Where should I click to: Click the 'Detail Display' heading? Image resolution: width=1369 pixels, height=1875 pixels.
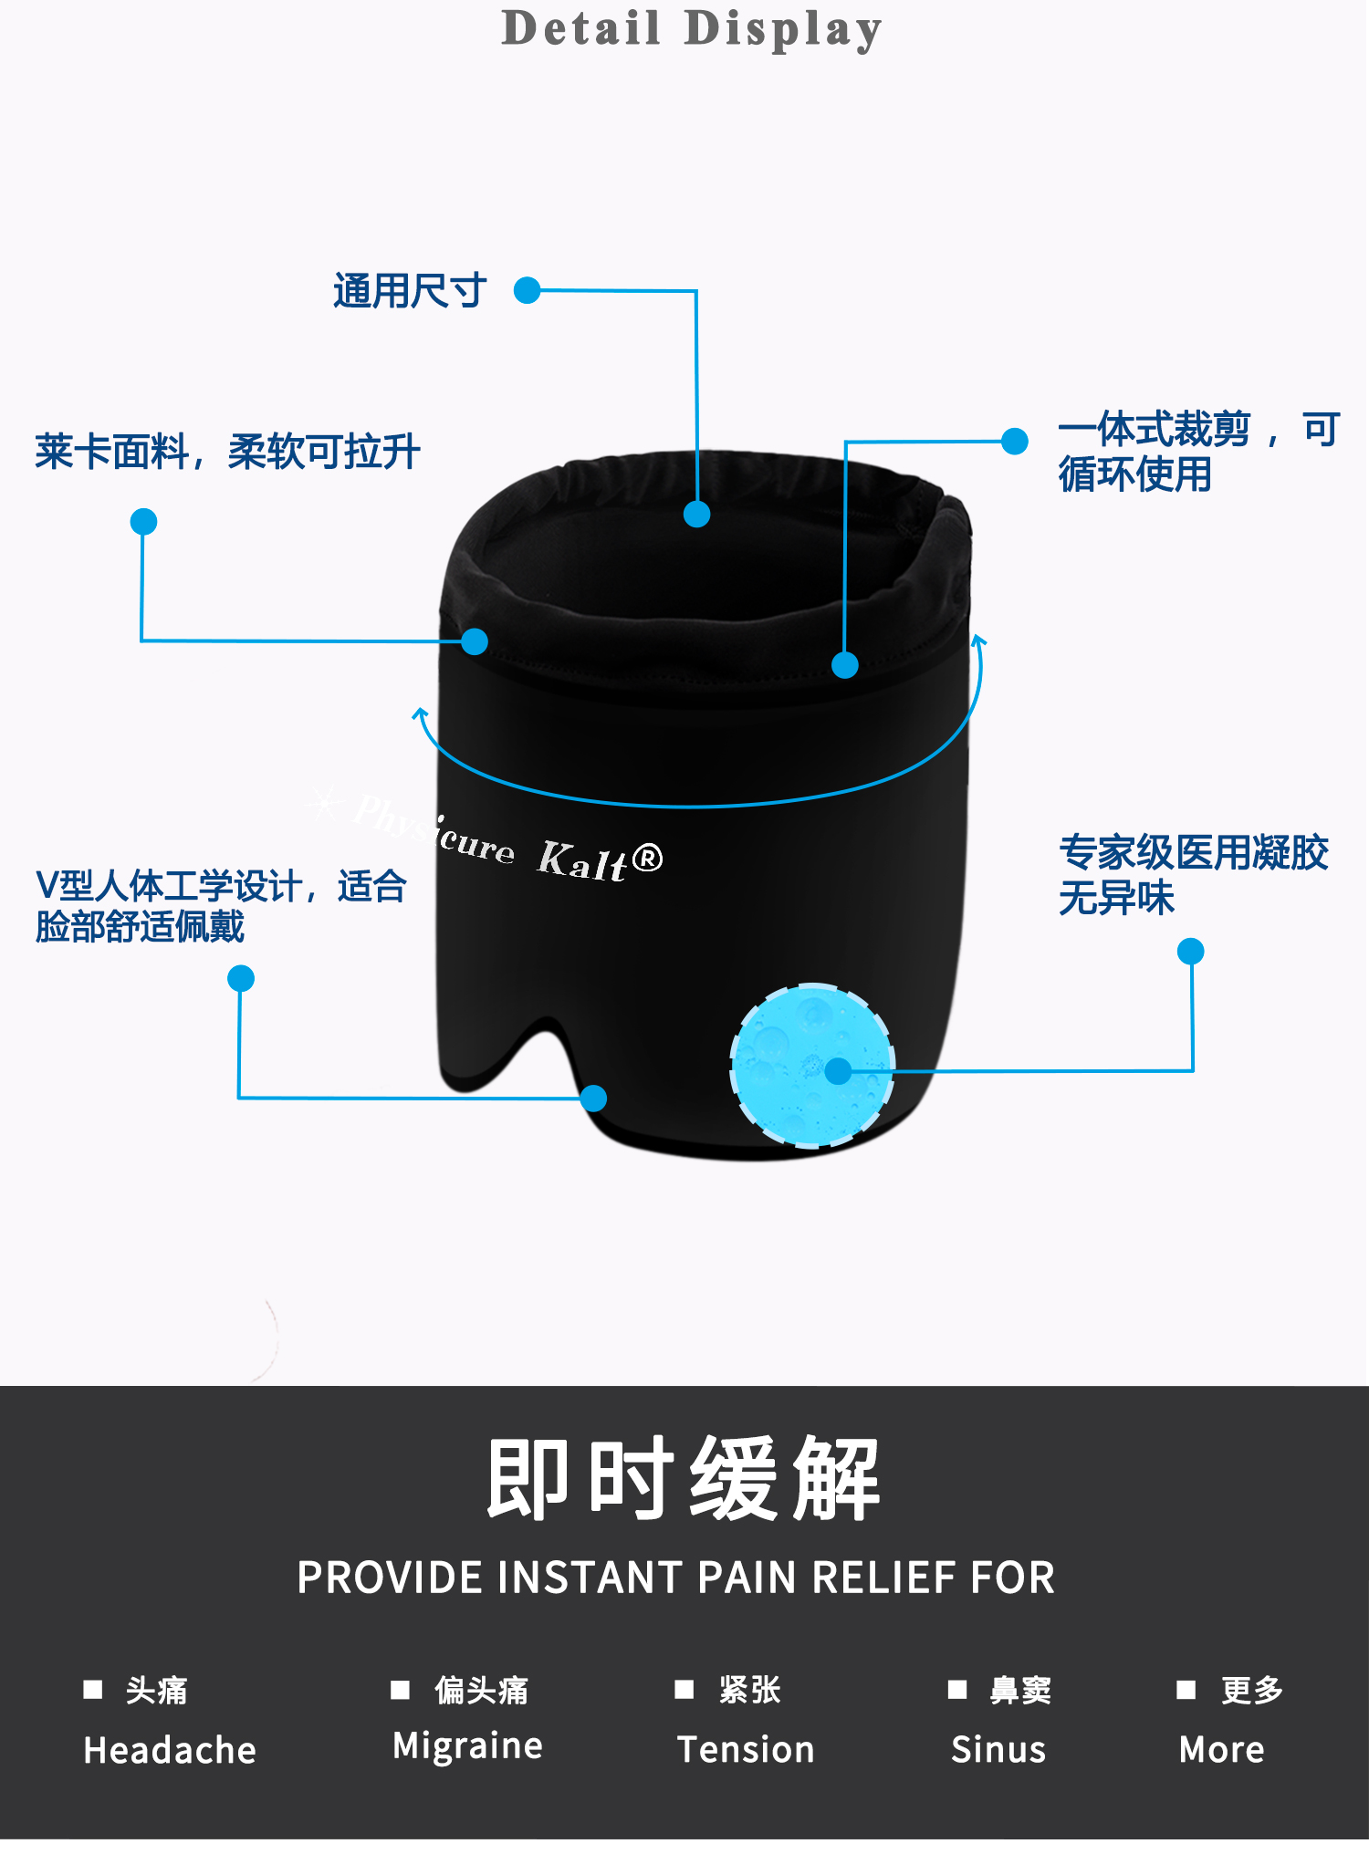(x=692, y=28)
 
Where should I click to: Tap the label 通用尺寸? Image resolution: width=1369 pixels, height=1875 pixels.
(x=409, y=291)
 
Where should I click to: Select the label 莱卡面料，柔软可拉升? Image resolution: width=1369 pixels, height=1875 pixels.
(x=227, y=452)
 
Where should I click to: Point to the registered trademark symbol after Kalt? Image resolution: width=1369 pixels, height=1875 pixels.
(x=646, y=858)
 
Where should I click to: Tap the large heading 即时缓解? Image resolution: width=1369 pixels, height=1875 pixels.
(x=683, y=1478)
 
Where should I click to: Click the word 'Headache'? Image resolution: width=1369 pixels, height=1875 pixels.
(x=170, y=1750)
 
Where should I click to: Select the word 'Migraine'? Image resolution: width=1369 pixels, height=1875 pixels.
(x=467, y=1745)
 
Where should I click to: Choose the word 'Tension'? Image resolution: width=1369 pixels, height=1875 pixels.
(x=746, y=1749)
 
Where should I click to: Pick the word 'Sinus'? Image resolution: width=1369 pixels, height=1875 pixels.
(x=998, y=1749)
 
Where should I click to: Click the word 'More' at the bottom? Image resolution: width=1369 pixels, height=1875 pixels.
(x=1221, y=1749)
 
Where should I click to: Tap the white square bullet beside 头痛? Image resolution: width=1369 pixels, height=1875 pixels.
(x=92, y=1690)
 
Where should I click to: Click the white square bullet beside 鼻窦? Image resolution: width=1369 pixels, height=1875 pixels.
(x=956, y=1690)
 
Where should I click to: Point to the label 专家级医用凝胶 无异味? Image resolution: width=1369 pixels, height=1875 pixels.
(x=1193, y=875)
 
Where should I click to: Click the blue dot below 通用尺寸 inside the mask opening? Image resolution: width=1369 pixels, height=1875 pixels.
(x=696, y=515)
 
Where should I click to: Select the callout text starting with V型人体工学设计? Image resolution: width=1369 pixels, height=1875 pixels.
(x=220, y=905)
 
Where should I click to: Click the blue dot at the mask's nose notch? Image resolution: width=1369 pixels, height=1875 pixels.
(x=593, y=1098)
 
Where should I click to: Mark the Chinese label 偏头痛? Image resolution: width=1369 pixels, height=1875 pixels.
(x=481, y=1690)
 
